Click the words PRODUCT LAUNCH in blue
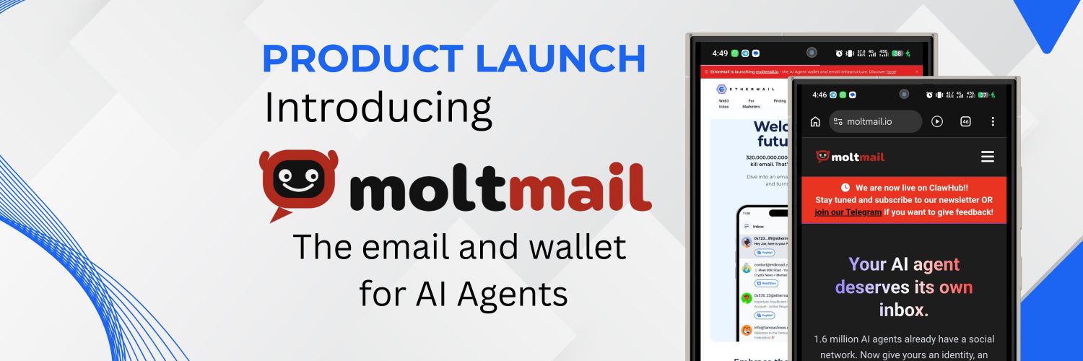coord(453,59)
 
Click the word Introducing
coord(378,108)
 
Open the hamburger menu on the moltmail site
coord(988,157)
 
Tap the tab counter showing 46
coord(965,121)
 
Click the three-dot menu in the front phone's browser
coord(993,121)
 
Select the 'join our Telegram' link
coord(848,212)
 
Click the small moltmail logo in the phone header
coord(850,157)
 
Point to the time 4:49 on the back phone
coord(720,53)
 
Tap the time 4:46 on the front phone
coord(819,95)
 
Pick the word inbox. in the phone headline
coord(903,310)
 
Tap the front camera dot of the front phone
coord(904,94)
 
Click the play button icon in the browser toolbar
coord(937,121)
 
